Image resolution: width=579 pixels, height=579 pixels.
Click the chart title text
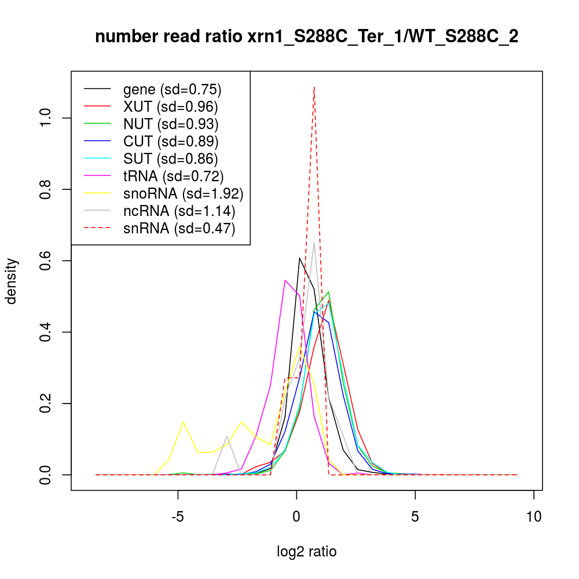[306, 37]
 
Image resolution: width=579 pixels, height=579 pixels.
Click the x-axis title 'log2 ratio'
[307, 551]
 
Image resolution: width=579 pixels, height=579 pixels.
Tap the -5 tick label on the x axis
[178, 516]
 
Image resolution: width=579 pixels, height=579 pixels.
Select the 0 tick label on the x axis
[296, 516]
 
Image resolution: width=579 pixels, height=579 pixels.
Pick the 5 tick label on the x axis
[415, 516]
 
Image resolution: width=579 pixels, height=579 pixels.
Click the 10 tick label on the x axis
[534, 516]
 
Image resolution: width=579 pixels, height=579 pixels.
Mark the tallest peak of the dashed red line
[314, 87]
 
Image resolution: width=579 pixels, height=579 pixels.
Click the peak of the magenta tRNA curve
[285, 280]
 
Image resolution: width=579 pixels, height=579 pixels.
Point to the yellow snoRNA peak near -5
[184, 422]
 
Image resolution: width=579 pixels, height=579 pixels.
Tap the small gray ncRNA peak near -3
[227, 436]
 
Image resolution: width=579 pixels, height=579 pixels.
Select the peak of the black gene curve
[299, 258]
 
